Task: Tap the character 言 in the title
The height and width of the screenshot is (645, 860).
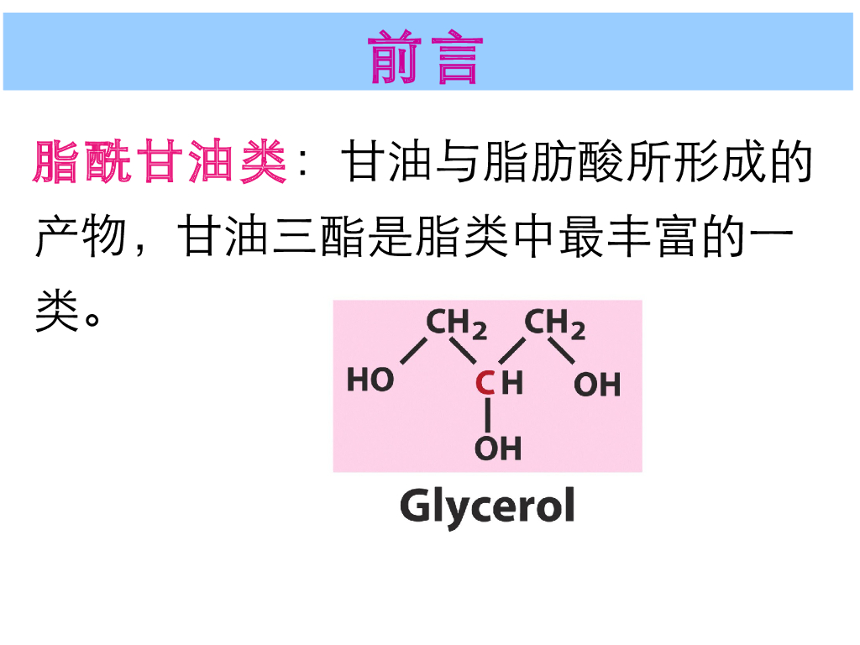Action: tap(459, 58)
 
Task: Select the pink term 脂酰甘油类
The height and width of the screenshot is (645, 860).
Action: tap(160, 163)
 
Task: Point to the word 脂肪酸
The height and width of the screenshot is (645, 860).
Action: tap(554, 163)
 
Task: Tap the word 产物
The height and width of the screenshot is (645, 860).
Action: tap(81, 239)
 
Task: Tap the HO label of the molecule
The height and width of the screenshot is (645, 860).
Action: tap(370, 380)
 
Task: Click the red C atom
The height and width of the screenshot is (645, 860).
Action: tap(485, 384)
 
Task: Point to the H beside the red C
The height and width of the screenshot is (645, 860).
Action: tap(512, 384)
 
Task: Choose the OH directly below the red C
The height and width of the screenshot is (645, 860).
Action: tap(498, 448)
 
